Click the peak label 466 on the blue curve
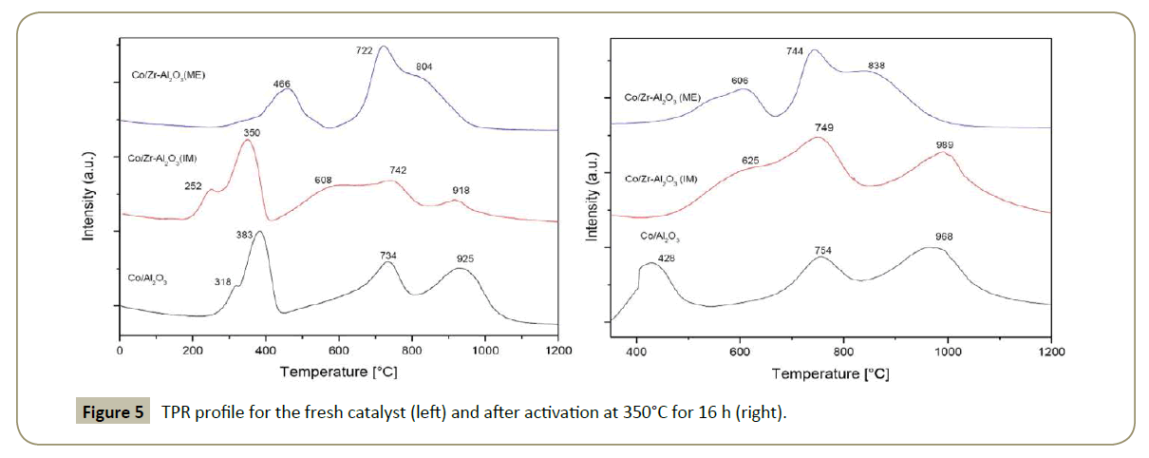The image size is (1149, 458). [x=282, y=85]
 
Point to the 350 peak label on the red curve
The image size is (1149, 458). [x=251, y=133]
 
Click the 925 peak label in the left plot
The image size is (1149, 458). [x=465, y=258]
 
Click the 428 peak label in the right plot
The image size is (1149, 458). [x=666, y=258]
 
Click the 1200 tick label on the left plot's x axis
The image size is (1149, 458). [x=558, y=352]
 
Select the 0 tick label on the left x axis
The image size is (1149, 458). [x=120, y=352]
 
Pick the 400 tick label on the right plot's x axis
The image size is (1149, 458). [x=636, y=352]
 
